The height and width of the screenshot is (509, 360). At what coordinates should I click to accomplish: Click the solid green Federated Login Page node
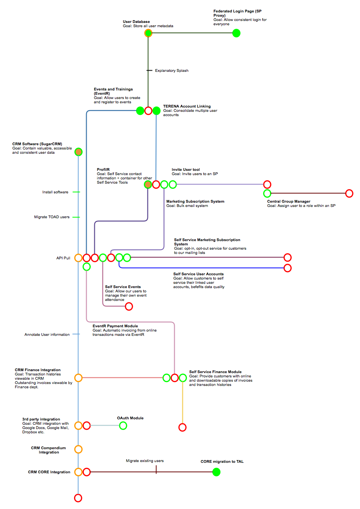(236, 33)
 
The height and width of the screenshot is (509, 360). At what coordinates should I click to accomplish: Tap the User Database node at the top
(148, 33)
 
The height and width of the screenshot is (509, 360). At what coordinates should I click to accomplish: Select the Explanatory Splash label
(171, 71)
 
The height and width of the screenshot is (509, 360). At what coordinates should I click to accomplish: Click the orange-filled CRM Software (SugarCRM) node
(78, 152)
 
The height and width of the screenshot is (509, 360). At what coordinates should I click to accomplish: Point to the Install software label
(55, 192)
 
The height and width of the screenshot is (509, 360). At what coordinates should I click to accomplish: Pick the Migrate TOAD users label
(52, 217)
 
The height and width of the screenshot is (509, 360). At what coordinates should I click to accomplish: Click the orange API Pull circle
(78, 258)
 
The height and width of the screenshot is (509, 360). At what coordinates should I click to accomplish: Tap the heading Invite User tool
(186, 170)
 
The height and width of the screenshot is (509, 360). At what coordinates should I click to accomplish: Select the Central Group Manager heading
(289, 202)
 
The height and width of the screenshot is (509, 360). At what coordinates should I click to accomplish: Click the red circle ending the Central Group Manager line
(349, 193)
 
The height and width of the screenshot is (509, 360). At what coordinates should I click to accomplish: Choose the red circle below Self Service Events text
(129, 306)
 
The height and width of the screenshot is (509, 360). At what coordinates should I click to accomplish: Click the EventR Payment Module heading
(115, 326)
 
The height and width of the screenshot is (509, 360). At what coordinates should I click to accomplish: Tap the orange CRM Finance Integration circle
(78, 378)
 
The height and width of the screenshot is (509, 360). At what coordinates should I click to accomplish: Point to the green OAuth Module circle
(123, 426)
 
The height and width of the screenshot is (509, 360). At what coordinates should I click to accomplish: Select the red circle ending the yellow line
(182, 427)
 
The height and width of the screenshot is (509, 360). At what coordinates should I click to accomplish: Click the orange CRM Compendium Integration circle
(78, 449)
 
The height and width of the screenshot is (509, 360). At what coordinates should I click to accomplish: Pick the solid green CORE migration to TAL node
(216, 472)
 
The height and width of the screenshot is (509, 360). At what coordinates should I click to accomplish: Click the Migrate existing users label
(145, 461)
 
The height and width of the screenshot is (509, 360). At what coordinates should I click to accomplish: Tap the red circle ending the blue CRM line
(78, 498)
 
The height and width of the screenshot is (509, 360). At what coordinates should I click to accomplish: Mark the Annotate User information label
(47, 335)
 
